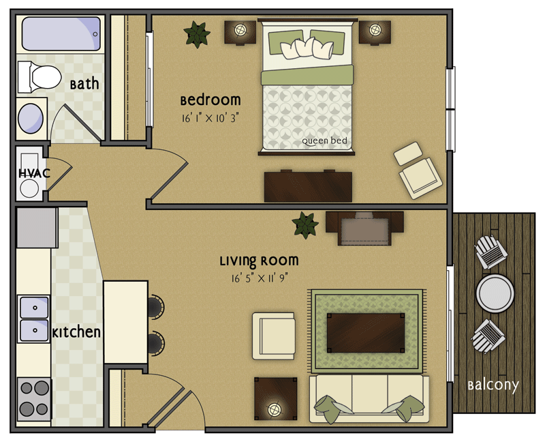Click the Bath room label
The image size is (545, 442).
[x=84, y=85]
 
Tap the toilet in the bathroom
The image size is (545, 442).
[x=38, y=76]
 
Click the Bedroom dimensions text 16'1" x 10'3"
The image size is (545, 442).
[x=211, y=117]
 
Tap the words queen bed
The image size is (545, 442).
[x=325, y=141]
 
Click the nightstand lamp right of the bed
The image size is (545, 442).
[x=375, y=30]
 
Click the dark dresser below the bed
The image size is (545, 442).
[x=308, y=186]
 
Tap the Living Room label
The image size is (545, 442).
[x=259, y=261]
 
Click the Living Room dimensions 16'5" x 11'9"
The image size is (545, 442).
[x=259, y=278]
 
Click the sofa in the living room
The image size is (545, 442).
[x=369, y=397]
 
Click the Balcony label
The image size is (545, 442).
[x=493, y=385]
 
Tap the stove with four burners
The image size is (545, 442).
[x=34, y=399]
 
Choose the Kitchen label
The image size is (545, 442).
[x=77, y=333]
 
